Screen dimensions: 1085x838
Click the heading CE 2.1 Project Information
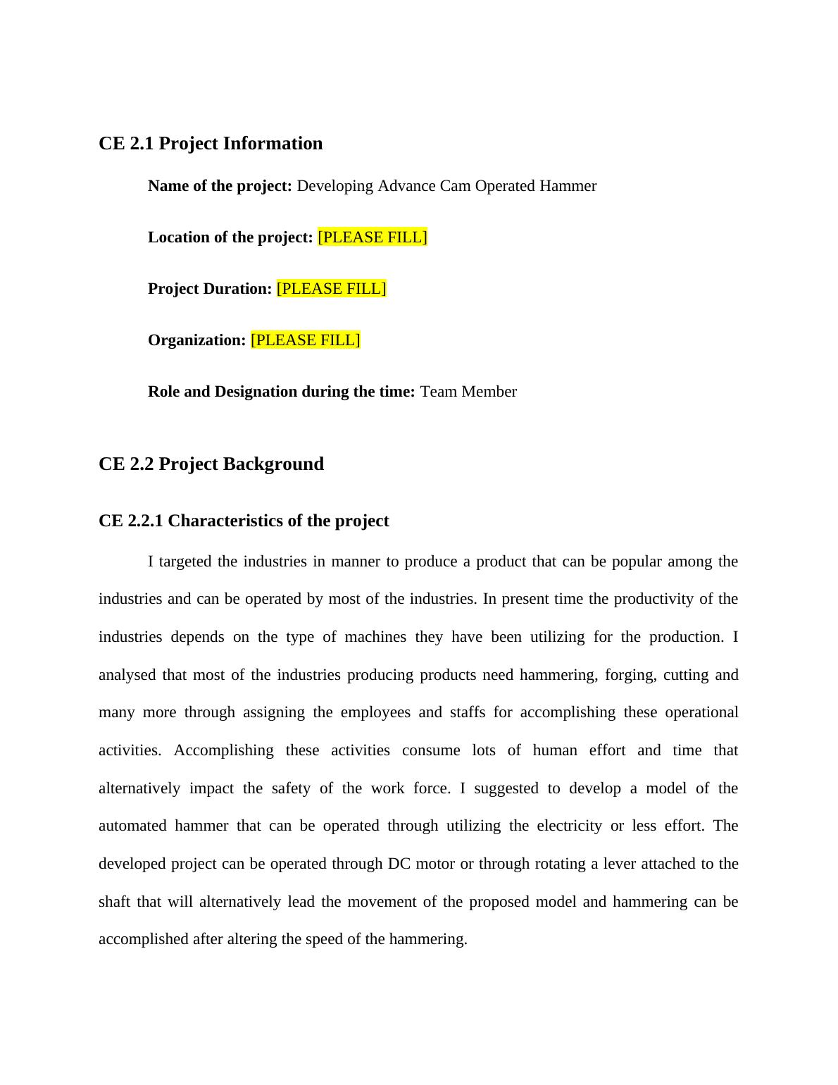pyautogui.click(x=211, y=144)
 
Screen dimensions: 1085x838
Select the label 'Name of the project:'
pyautogui.click(x=220, y=186)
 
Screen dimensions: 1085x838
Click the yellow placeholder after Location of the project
pyautogui.click(x=373, y=237)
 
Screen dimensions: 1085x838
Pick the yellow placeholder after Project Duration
pyautogui.click(x=331, y=289)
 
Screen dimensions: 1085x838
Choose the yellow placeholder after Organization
pyautogui.click(x=305, y=340)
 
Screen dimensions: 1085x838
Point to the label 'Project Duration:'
pyautogui.click(x=210, y=289)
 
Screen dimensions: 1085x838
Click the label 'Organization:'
pyautogui.click(x=196, y=340)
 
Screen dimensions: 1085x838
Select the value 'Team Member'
pyautogui.click(x=468, y=392)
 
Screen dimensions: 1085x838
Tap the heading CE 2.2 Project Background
pyautogui.click(x=211, y=464)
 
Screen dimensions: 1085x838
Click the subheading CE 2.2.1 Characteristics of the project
pyautogui.click(x=244, y=521)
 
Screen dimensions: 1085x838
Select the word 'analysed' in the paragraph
pyautogui.click(x=127, y=675)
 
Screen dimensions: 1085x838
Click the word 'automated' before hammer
pyautogui.click(x=132, y=826)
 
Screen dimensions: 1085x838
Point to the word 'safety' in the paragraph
pyautogui.click(x=291, y=788)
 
